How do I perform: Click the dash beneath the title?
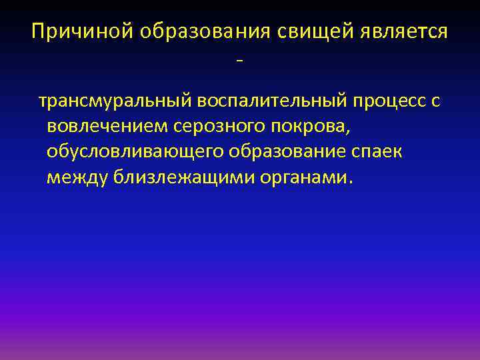click(x=239, y=62)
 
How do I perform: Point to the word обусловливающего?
click(x=135, y=153)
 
